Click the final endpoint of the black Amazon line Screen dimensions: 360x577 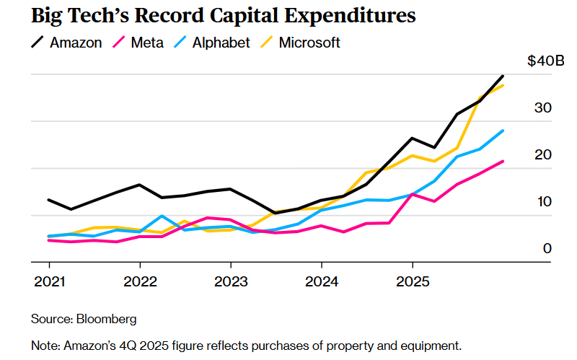click(503, 76)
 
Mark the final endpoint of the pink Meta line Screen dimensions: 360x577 click(503, 161)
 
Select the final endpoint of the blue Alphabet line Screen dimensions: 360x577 click(503, 131)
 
